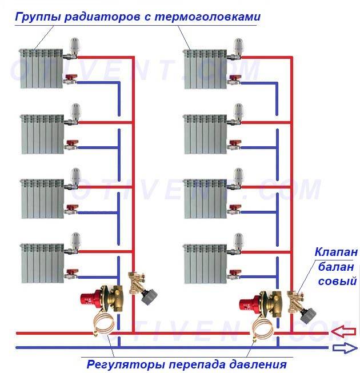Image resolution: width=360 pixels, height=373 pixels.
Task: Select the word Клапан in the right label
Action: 336,252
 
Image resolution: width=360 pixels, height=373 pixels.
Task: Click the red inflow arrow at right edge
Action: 343,332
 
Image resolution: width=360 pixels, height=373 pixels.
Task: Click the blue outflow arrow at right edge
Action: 345,348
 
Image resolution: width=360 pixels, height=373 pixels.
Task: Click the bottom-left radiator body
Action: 43,263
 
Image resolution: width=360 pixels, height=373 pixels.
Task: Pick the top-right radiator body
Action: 205,69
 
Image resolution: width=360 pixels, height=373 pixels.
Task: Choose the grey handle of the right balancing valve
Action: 308,315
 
